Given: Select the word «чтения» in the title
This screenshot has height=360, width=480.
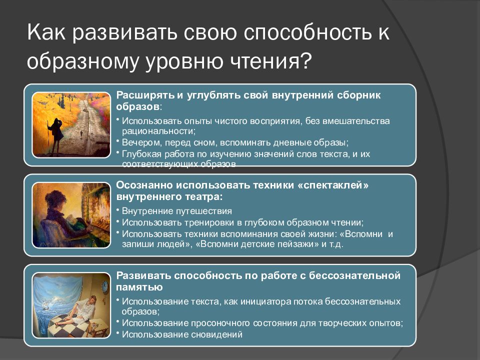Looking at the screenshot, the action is click(264, 60).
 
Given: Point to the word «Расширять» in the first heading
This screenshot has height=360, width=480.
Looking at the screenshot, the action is click(145, 95).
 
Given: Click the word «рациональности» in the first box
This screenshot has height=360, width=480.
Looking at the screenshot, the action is click(158, 131).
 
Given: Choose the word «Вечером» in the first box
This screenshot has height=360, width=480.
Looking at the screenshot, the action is click(142, 142).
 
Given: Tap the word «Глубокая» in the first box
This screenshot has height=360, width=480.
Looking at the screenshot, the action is click(141, 153).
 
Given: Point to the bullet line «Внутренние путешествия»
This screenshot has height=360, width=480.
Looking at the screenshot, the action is click(177, 211).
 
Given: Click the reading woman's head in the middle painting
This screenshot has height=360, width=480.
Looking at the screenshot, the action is click(55, 199).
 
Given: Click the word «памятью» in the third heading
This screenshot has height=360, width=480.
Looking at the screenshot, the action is click(139, 287).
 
